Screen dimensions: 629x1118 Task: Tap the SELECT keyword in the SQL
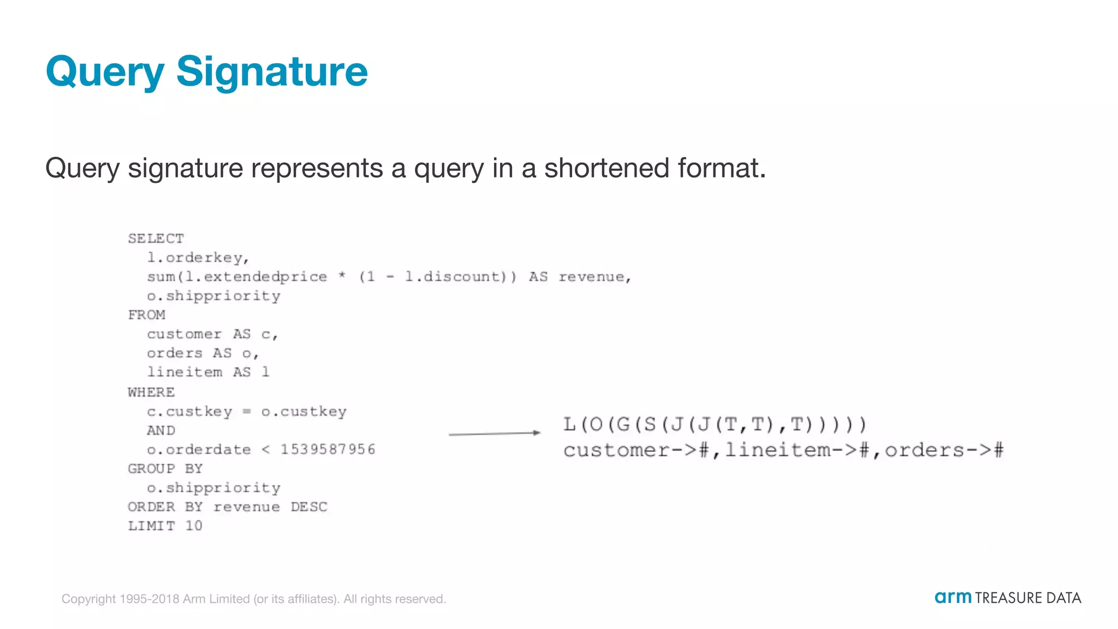(x=156, y=239)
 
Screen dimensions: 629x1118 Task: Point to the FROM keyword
(x=146, y=315)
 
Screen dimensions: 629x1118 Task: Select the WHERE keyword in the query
(x=151, y=392)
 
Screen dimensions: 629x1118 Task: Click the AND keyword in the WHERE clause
(x=160, y=430)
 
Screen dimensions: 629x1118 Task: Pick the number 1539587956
(x=328, y=449)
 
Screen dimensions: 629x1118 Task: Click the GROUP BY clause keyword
(x=165, y=468)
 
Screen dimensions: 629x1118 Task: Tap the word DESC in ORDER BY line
(x=308, y=507)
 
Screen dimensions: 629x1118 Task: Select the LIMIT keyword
(x=151, y=526)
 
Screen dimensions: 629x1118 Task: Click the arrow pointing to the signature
(x=494, y=434)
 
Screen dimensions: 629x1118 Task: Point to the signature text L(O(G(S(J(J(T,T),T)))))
(x=715, y=424)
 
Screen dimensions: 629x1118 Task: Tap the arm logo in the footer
(x=953, y=597)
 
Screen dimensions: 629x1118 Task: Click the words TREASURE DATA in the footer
(x=1028, y=598)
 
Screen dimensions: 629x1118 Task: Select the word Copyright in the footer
(x=88, y=599)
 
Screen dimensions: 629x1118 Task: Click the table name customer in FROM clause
(x=184, y=334)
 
